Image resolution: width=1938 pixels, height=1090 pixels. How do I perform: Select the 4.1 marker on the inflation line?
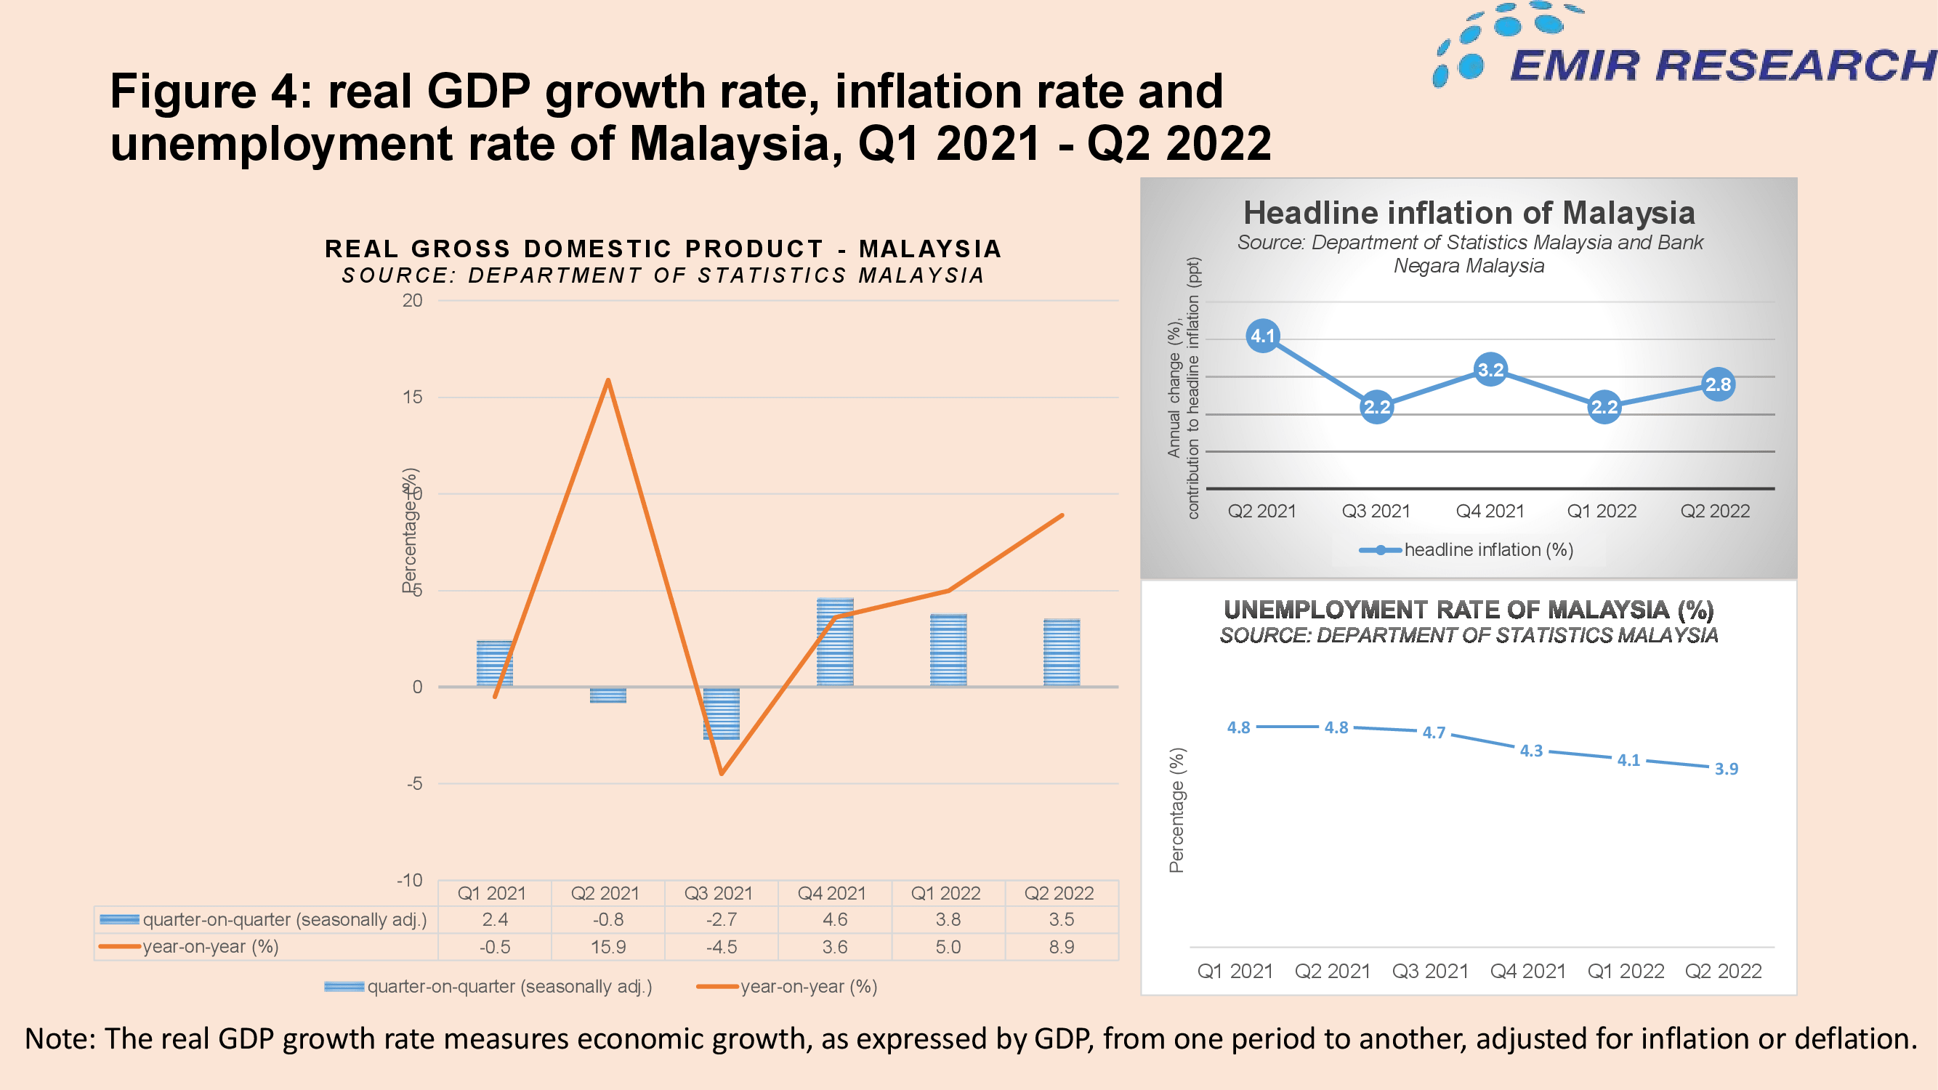pos(1262,336)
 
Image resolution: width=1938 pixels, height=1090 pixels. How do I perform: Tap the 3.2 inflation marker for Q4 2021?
pos(1490,369)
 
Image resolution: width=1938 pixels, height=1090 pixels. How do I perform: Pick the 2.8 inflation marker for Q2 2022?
pos(1718,384)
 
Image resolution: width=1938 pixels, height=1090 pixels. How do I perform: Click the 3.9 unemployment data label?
pos(1726,769)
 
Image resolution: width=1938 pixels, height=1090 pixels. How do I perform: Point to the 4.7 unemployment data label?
pos(1433,732)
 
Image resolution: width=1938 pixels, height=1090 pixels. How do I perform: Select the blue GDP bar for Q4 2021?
pos(835,642)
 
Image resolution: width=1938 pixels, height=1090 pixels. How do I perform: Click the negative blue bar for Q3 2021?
pos(722,713)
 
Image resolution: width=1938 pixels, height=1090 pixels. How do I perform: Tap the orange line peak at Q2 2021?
pos(608,380)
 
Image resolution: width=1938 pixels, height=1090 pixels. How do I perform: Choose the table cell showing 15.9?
pos(608,946)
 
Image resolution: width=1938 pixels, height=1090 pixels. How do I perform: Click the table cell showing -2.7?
pos(722,919)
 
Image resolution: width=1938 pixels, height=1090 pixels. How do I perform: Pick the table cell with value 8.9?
pos(1062,946)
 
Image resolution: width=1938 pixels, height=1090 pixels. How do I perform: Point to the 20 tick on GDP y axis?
pos(412,300)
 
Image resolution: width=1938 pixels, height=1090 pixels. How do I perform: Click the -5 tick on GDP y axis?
pos(414,783)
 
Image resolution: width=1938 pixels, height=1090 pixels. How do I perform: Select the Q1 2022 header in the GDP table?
pos(945,893)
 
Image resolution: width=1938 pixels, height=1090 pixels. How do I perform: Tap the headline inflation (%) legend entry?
pos(1466,550)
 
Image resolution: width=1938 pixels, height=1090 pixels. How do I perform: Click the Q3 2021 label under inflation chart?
pos(1376,511)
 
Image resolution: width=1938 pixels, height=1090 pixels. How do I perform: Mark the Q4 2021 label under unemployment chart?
pos(1528,971)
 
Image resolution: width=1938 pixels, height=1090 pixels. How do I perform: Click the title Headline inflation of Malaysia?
pos(1469,213)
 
